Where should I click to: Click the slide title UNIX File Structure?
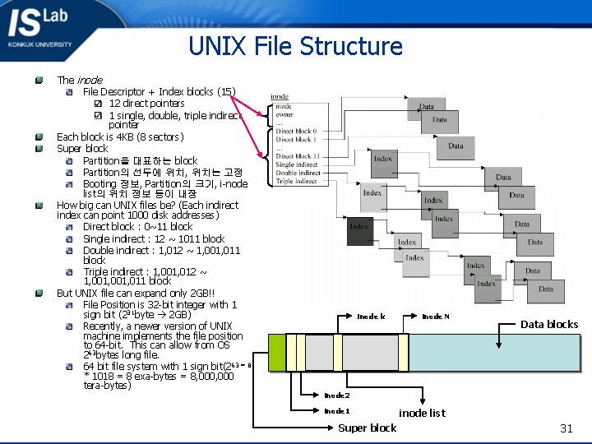tap(295, 45)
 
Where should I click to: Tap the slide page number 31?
tap(566, 428)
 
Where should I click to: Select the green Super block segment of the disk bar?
tap(276, 352)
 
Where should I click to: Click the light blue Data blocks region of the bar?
tap(493, 352)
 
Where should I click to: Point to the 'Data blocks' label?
tap(548, 324)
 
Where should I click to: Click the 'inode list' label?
tap(422, 413)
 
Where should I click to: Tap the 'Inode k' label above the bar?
tap(371, 317)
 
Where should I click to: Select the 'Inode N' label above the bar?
tap(435, 317)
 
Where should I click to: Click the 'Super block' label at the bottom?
tap(367, 428)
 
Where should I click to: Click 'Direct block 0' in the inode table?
tap(294, 132)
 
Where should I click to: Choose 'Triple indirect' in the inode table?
tap(296, 181)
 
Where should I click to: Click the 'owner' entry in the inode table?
tap(284, 115)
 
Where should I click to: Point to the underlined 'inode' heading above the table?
tap(280, 97)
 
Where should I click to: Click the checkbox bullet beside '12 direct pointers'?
tap(98, 104)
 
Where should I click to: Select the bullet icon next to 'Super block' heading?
tap(39, 149)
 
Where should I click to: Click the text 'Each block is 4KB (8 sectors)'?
tap(120, 136)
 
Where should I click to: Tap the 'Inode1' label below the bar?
tap(336, 411)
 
